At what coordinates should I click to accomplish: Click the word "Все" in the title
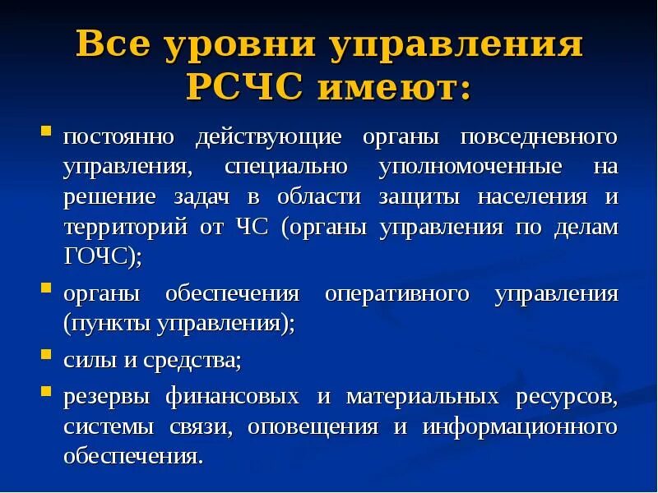(116, 46)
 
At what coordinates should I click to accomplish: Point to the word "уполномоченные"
(470, 167)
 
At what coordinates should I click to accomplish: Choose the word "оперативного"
(396, 293)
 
